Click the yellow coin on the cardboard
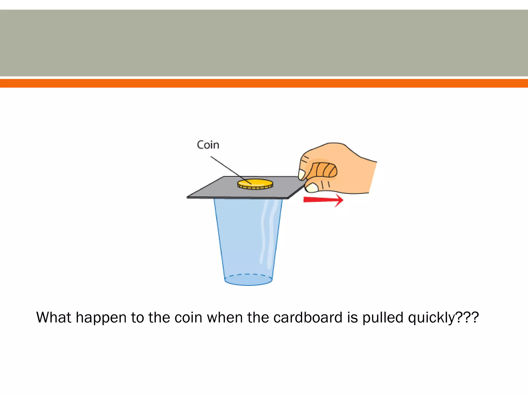(x=255, y=184)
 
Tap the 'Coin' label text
(x=208, y=145)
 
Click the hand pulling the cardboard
(x=338, y=168)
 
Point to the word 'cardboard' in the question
(x=308, y=317)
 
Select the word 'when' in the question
(x=225, y=317)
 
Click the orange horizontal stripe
(x=264, y=83)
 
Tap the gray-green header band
(x=264, y=43)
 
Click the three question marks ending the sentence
(x=467, y=317)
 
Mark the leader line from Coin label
(x=231, y=170)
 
